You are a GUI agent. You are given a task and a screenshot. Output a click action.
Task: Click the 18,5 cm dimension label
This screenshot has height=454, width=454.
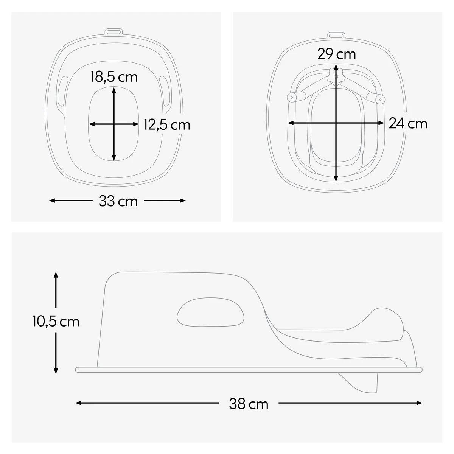(x=114, y=77)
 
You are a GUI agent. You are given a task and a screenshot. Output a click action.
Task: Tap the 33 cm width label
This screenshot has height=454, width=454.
(x=118, y=201)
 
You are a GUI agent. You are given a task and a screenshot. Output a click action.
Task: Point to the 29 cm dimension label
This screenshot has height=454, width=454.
(x=336, y=54)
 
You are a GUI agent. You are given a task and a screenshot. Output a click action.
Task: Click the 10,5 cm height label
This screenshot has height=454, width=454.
(x=56, y=322)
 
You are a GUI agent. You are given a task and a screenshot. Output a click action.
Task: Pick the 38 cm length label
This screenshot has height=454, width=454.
(x=249, y=404)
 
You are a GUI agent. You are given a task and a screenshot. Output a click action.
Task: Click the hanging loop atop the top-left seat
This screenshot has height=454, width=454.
(x=113, y=32)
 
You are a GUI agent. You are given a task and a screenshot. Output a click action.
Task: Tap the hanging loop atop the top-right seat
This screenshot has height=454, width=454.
(x=336, y=36)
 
